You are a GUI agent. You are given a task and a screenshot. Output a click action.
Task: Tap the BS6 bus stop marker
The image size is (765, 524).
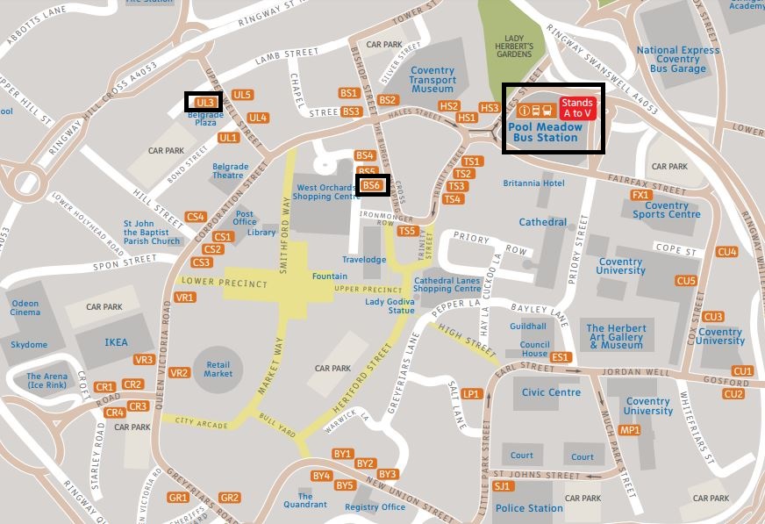pos(372,185)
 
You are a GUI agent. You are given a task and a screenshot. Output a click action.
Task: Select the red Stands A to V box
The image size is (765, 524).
pos(577,108)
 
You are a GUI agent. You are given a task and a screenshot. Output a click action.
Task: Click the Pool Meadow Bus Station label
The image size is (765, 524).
pos(545,132)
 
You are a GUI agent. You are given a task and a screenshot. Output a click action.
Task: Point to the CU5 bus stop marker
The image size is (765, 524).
pos(686,281)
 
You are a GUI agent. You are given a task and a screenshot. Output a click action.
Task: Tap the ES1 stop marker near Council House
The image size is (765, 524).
pos(561,357)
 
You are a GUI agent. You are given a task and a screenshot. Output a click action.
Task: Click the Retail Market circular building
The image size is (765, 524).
pos(218,370)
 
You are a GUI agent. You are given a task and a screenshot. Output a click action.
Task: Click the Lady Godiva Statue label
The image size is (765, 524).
pos(390,306)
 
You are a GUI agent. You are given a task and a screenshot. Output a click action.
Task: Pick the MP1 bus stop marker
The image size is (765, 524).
pos(630,430)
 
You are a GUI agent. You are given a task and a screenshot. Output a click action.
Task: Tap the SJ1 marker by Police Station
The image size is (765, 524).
pos(502,485)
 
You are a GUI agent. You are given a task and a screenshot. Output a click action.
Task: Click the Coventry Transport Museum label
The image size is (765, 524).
pos(432,80)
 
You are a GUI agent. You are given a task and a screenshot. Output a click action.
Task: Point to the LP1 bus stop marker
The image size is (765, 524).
pos(472,394)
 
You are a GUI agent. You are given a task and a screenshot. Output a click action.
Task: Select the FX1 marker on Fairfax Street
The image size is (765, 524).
pos(640,195)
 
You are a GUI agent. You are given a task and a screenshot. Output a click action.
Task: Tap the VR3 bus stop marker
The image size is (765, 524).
pos(144,360)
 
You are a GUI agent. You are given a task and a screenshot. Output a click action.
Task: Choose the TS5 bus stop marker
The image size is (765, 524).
pos(407,231)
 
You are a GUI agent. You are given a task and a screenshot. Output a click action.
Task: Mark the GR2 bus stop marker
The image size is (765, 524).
pos(230,498)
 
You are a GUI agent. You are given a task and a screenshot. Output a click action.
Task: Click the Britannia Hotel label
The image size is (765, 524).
pos(533,183)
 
